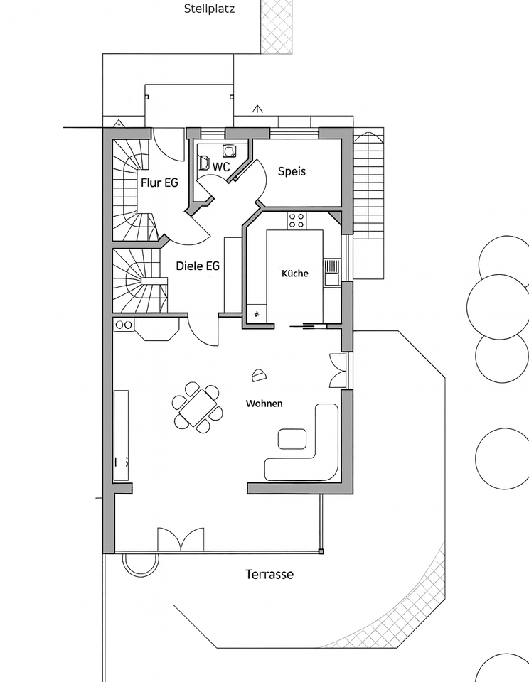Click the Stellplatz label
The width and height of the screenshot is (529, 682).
pyautogui.click(x=210, y=9)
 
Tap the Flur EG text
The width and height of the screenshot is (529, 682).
pyautogui.click(x=159, y=183)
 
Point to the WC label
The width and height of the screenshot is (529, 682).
pyautogui.click(x=221, y=166)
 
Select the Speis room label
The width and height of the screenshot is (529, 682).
pyautogui.click(x=292, y=171)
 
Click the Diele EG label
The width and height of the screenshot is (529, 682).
pyautogui.click(x=198, y=266)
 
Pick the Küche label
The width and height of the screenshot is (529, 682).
pyautogui.click(x=295, y=274)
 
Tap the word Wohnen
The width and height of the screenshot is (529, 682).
pyautogui.click(x=264, y=404)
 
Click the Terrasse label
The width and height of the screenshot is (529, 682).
pyautogui.click(x=269, y=574)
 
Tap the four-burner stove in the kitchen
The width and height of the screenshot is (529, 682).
pyautogui.click(x=296, y=220)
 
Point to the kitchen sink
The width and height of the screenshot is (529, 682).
pyautogui.click(x=331, y=272)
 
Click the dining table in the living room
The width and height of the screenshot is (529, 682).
pyautogui.click(x=198, y=408)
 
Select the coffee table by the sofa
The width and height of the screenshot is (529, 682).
pyautogui.click(x=292, y=438)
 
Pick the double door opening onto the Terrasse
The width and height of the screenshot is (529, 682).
pyautogui.click(x=181, y=540)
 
